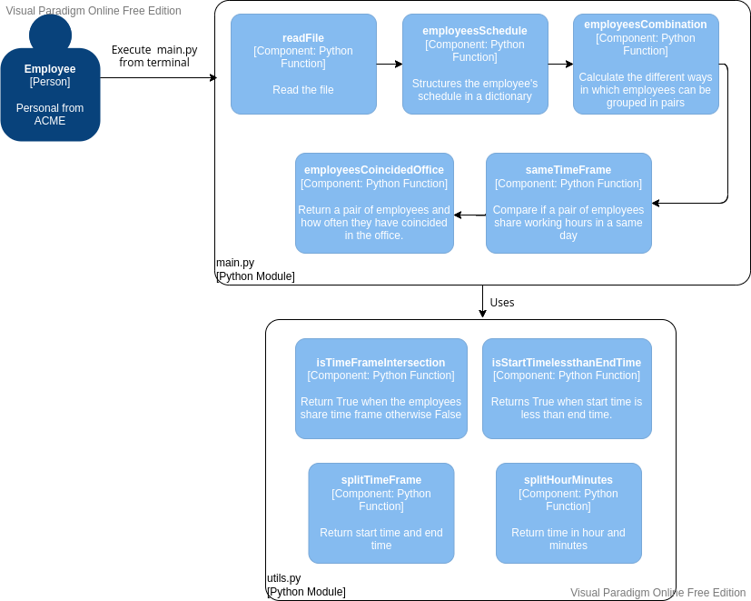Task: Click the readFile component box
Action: point(303,64)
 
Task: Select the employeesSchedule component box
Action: point(475,64)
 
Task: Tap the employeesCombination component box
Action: point(646,64)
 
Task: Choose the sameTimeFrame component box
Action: point(568,203)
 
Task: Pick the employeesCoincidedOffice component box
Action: point(374,203)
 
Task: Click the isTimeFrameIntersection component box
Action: point(380,388)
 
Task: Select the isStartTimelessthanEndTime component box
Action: point(567,388)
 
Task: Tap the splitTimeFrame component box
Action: point(381,513)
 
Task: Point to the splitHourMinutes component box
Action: point(568,513)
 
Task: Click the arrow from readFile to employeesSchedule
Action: point(390,65)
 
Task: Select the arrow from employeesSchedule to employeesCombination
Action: point(560,65)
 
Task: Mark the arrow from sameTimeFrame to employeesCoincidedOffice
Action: point(469,215)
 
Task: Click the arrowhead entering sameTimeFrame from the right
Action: point(657,203)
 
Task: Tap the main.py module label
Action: point(235,263)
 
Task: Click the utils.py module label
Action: point(283,577)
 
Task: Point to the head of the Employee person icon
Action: point(50,33)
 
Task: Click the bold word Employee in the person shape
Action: point(50,69)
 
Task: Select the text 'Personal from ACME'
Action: point(50,115)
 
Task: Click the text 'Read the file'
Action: point(303,90)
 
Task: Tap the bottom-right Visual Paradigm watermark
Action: point(657,592)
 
